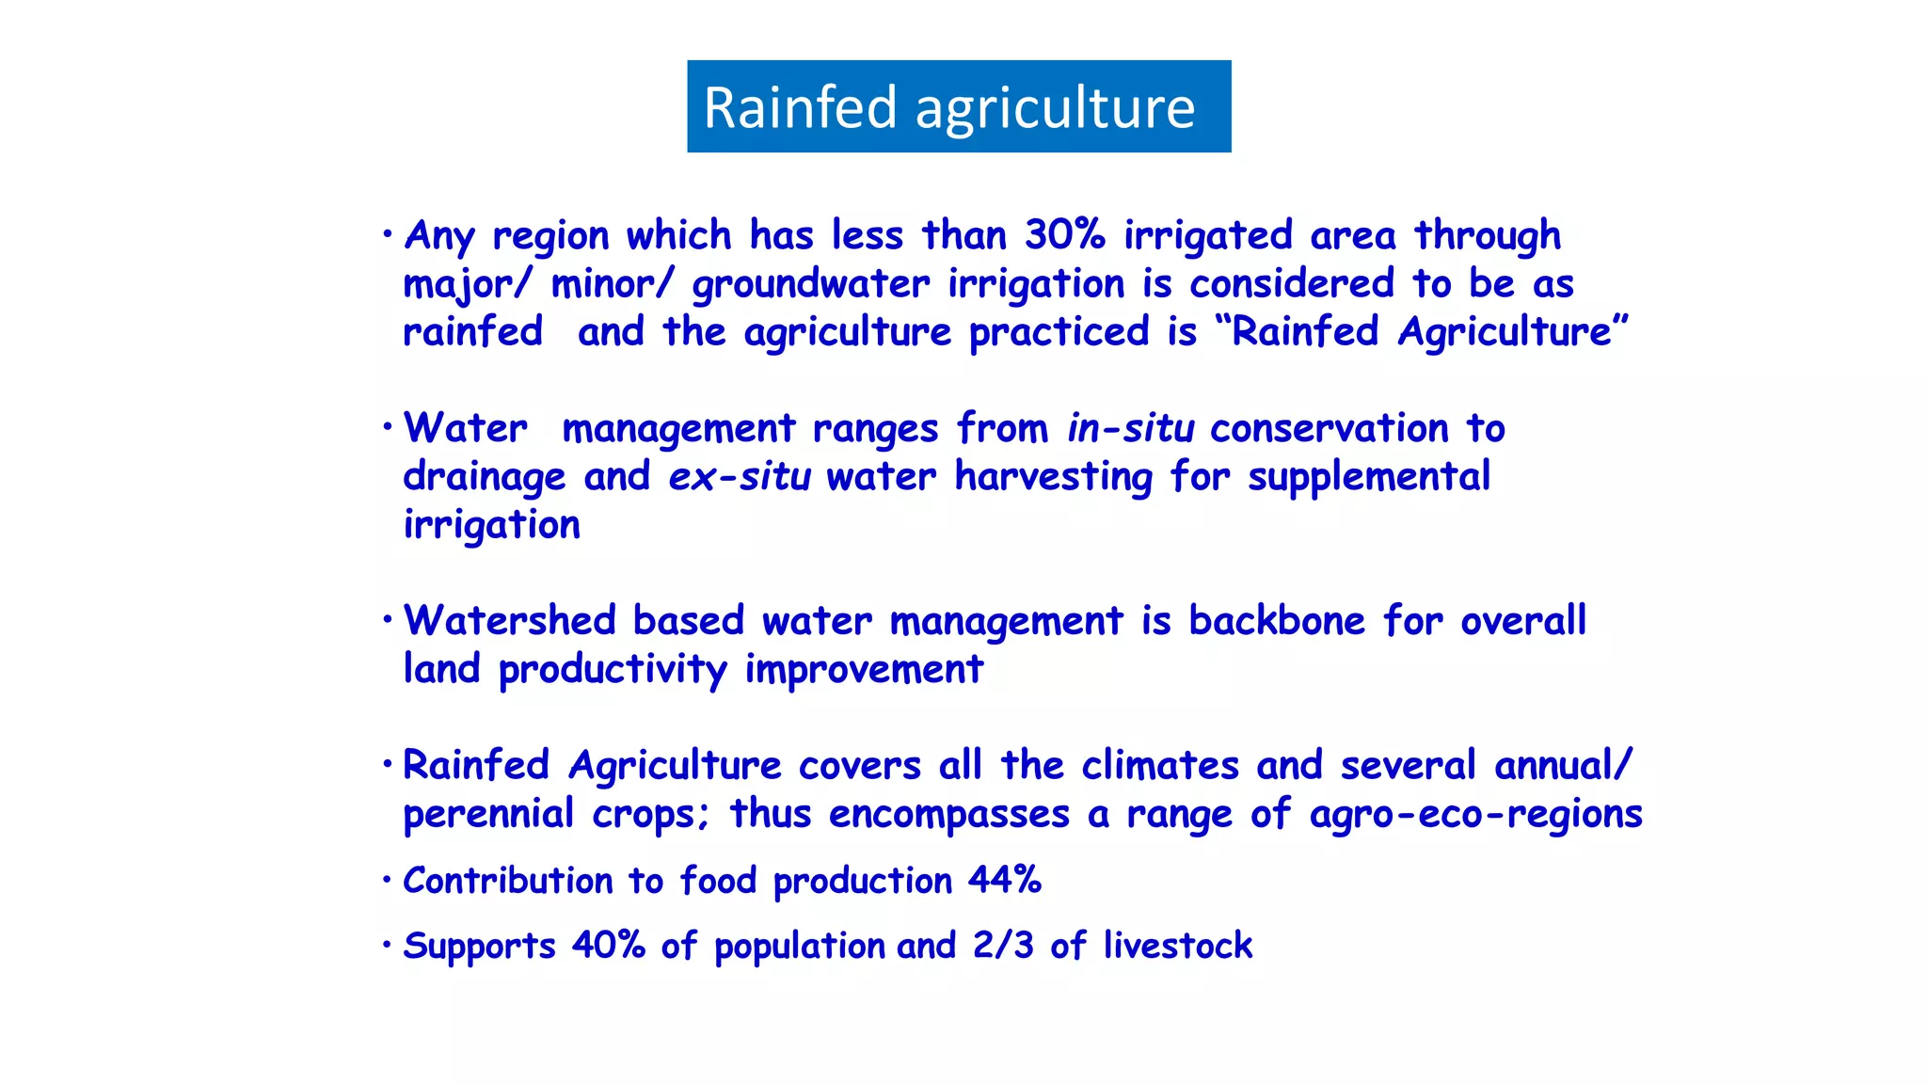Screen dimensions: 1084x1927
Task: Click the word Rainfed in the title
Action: point(800,107)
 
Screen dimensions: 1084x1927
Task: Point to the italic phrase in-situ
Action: point(1130,429)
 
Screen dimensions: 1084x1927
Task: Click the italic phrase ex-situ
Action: point(739,477)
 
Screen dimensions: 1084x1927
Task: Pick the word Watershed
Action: point(509,621)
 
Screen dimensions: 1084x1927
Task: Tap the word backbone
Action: point(1276,621)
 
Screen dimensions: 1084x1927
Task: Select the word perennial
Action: point(487,814)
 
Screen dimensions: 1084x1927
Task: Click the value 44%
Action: point(1005,881)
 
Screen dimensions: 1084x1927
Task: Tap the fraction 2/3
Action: point(1003,946)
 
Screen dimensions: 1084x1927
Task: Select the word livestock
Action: point(1177,946)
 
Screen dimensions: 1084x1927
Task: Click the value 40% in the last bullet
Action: point(608,946)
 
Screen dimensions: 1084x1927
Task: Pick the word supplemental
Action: point(1368,477)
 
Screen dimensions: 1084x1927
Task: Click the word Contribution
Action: point(507,881)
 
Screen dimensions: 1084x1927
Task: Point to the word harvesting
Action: point(1053,477)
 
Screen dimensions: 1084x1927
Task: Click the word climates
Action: point(1159,766)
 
